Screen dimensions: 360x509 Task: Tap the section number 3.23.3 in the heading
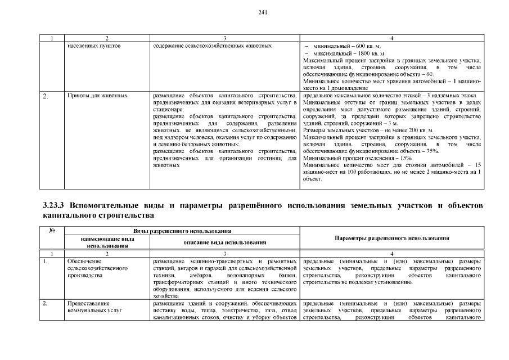55,206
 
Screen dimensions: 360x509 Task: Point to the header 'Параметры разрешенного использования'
392,238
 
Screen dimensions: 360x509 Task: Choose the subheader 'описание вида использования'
225,242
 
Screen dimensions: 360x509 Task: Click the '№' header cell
51,231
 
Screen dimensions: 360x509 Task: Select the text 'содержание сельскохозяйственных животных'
213,45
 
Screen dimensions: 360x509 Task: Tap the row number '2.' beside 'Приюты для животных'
46,96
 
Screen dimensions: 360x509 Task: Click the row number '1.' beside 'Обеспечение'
46,262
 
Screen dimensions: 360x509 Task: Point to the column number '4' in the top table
392,38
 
